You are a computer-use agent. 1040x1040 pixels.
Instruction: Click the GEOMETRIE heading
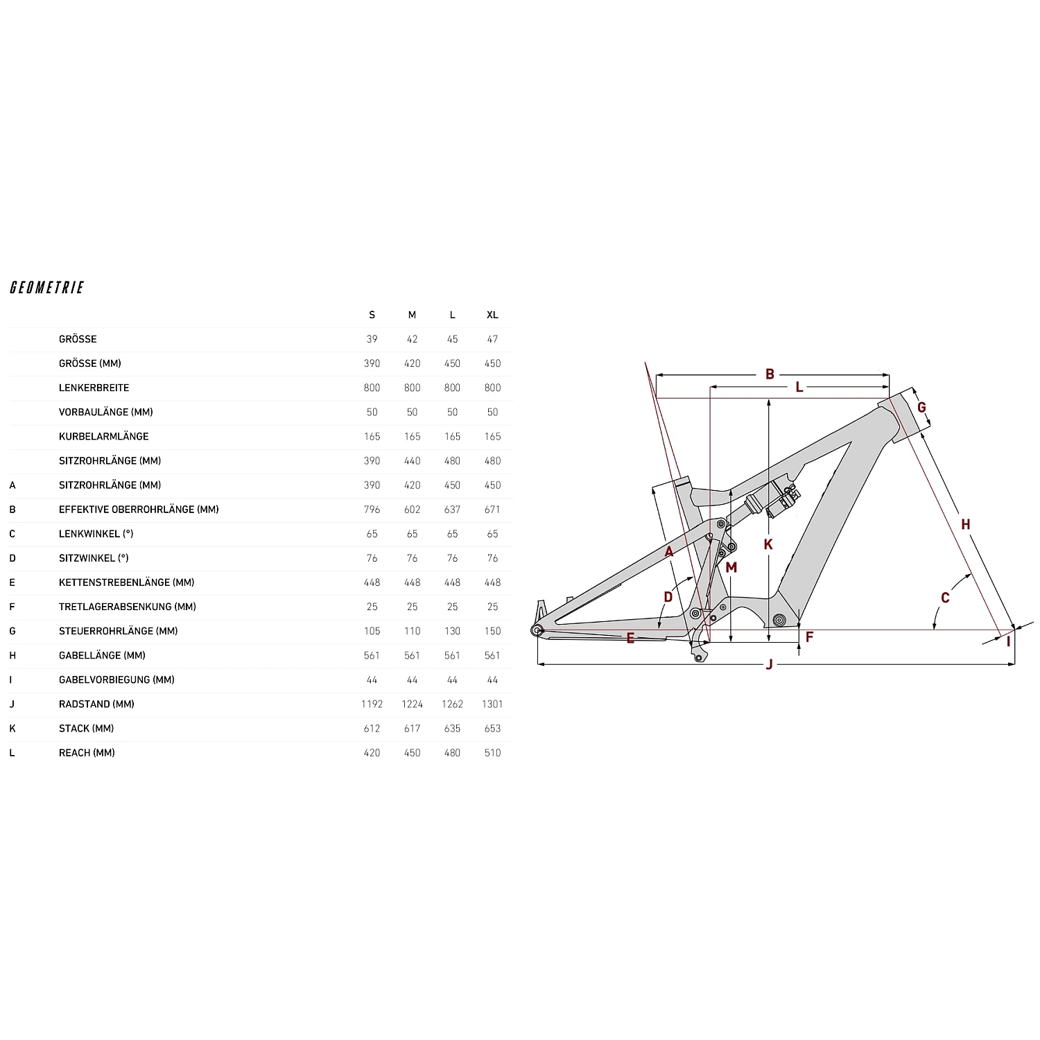click(x=47, y=288)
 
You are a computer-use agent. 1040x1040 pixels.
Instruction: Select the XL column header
click(x=492, y=315)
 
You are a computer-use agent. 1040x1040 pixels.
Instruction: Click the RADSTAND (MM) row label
click(x=96, y=704)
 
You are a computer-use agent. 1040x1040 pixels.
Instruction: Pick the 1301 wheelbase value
click(x=492, y=704)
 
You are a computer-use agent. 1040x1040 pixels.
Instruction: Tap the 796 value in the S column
click(x=372, y=510)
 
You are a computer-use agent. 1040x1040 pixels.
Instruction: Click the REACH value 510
click(x=492, y=753)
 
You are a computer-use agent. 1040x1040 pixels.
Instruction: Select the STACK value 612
click(x=372, y=728)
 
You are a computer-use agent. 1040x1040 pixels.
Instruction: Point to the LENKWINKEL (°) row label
click(x=96, y=534)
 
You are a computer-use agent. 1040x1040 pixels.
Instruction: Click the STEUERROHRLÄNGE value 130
click(x=452, y=631)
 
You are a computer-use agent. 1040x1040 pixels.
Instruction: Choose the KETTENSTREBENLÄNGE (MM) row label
click(x=126, y=582)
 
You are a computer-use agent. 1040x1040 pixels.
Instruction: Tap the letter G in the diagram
click(x=921, y=408)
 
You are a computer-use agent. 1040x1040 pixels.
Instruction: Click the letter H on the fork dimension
click(x=965, y=525)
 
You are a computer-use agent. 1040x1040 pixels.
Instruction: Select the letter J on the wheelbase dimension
click(x=769, y=665)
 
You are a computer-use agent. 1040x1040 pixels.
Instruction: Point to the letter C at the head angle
click(x=945, y=598)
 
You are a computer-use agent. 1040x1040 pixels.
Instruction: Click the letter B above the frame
click(x=770, y=374)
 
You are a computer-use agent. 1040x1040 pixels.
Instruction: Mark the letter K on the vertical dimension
click(x=768, y=545)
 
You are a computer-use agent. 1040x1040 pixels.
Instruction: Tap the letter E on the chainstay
click(x=630, y=639)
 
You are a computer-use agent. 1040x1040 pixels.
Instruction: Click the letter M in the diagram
click(x=731, y=568)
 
